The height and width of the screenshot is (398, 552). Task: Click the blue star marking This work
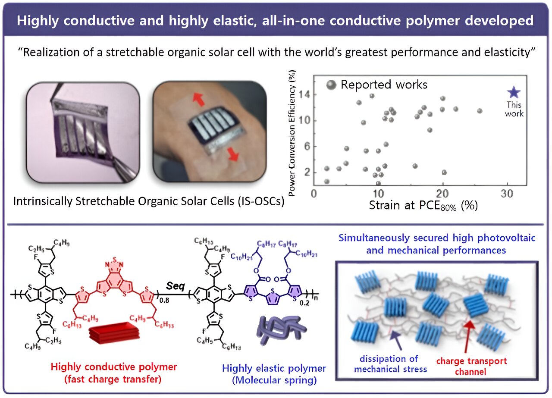(x=514, y=92)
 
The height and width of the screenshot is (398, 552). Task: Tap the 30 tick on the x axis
(x=508, y=194)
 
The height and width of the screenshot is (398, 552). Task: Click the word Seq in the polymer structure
(x=176, y=285)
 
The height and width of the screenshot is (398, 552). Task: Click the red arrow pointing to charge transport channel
(x=471, y=336)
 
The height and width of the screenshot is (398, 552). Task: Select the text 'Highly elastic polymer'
(x=274, y=369)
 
